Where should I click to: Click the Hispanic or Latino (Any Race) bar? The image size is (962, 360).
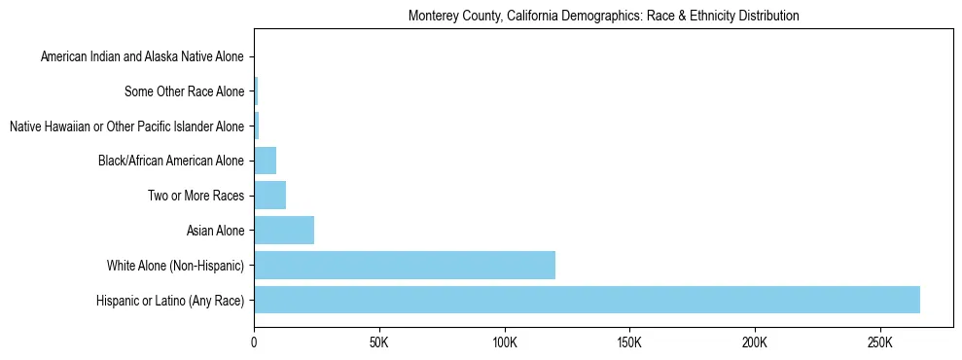(587, 300)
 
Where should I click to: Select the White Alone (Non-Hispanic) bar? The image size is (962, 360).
(405, 265)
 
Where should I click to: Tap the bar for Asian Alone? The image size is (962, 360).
(284, 231)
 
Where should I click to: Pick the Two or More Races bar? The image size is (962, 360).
(269, 196)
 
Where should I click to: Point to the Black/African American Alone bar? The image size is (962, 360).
(265, 161)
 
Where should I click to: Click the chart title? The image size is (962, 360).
(603, 17)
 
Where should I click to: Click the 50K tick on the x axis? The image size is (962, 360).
(379, 344)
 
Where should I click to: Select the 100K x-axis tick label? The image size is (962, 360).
(504, 344)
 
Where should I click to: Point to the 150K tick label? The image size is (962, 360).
(629, 344)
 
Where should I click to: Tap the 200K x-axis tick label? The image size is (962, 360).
(755, 344)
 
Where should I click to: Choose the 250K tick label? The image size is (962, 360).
(879, 344)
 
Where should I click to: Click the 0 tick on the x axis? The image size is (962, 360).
(254, 344)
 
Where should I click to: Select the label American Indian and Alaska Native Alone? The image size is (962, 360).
(143, 57)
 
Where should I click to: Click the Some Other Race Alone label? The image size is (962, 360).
(185, 92)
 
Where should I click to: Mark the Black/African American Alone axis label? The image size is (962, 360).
(172, 162)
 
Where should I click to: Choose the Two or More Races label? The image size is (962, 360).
(196, 197)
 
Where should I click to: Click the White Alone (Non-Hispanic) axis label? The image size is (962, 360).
(176, 266)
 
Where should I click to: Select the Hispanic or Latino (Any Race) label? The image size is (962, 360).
(171, 301)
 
